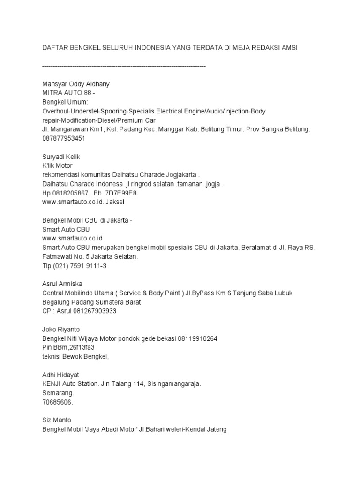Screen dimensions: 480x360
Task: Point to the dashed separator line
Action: pos(124,66)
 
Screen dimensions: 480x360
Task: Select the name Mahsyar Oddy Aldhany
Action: pos(76,84)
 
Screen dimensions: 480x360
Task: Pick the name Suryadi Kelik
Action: pos(62,157)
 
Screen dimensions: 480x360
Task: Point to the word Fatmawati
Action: pos(58,257)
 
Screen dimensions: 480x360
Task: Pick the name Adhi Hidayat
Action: pos(61,375)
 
